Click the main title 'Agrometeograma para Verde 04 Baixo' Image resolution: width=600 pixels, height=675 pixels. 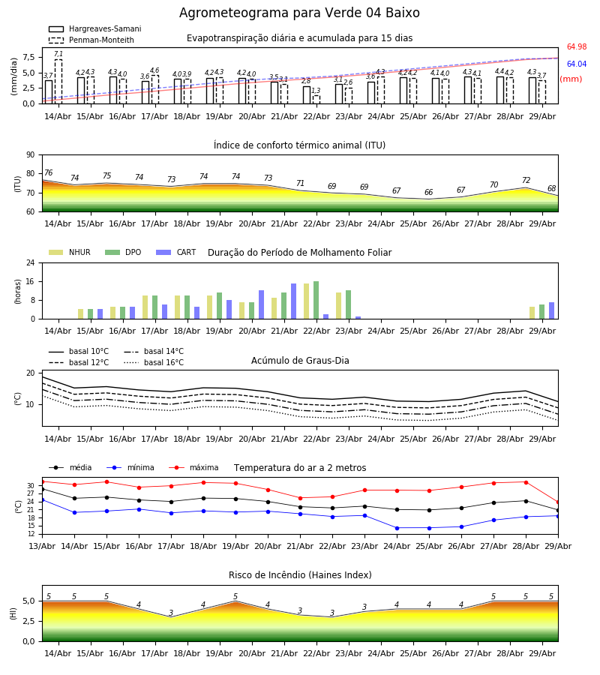tap(299, 13)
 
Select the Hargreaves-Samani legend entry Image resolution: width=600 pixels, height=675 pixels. tap(94, 28)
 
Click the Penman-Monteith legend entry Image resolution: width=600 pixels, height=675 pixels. tap(91, 40)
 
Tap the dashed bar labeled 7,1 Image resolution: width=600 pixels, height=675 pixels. tap(58, 81)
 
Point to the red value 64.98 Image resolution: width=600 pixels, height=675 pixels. tap(577, 47)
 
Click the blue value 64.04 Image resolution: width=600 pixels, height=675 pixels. tap(577, 64)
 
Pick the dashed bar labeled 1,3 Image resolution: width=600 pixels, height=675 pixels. tap(316, 100)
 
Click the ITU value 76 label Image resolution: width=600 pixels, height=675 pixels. tap(49, 172)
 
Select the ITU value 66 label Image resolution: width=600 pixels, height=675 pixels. tap(429, 192)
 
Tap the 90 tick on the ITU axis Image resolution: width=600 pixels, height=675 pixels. tap(31, 155)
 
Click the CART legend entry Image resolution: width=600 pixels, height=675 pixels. tap(176, 252)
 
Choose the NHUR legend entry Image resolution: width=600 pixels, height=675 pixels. tap(70, 252)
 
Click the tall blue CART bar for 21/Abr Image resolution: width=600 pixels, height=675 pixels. tap(293, 301)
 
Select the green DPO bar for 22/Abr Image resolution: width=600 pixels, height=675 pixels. tap(316, 300)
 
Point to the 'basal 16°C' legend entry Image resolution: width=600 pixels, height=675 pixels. tap(154, 362)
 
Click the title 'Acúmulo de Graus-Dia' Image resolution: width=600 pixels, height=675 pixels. tap(300, 361)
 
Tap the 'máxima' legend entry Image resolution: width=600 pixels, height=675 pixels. tap(193, 467)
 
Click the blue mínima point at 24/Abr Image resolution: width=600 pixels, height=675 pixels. tap(397, 528)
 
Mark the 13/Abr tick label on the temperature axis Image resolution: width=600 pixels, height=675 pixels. tap(42, 546)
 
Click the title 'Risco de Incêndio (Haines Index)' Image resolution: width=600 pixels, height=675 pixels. tap(300, 575)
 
